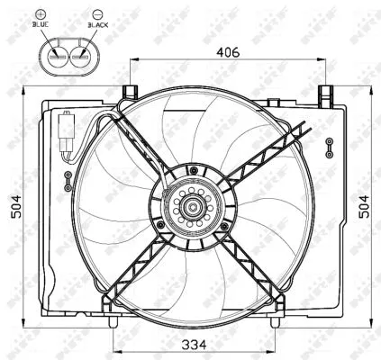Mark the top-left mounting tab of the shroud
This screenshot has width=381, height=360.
[129, 92]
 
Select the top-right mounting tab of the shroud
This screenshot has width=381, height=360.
[326, 92]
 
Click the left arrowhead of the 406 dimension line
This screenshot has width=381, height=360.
[133, 60]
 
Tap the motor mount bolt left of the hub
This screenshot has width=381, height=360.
[160, 223]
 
